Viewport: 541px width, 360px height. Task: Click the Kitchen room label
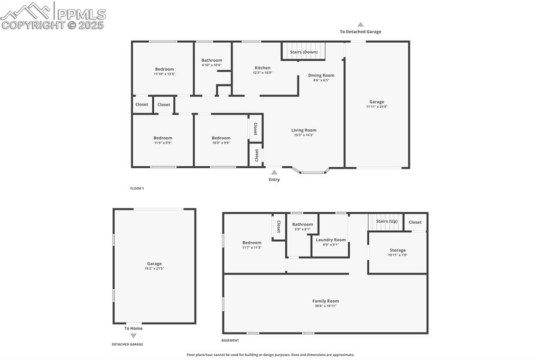(x=263, y=68)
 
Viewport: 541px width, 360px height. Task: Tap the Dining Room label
(x=321, y=75)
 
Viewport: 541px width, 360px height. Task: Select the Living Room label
(x=304, y=130)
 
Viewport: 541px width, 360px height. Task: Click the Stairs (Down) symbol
(x=303, y=52)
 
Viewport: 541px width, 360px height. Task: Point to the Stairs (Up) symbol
(x=386, y=221)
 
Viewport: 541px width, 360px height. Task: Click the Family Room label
(x=325, y=301)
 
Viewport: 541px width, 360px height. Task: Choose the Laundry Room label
(x=331, y=240)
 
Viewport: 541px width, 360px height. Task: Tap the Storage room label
(x=398, y=250)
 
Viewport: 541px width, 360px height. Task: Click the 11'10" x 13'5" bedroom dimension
(x=164, y=74)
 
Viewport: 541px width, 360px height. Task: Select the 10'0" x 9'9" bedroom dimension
(x=221, y=143)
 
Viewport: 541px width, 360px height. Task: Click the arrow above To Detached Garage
(x=360, y=24)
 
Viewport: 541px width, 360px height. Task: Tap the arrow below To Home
(x=133, y=335)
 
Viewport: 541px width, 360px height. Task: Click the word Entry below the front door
(x=274, y=179)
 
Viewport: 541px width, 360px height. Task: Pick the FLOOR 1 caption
(x=137, y=188)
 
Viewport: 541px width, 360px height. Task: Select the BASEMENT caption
(x=230, y=340)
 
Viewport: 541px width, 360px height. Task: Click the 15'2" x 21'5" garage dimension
(x=154, y=268)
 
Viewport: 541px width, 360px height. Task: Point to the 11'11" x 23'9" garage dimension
(x=377, y=107)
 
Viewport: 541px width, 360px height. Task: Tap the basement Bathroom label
(x=303, y=224)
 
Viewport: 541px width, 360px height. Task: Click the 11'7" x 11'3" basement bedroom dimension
(x=252, y=247)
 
